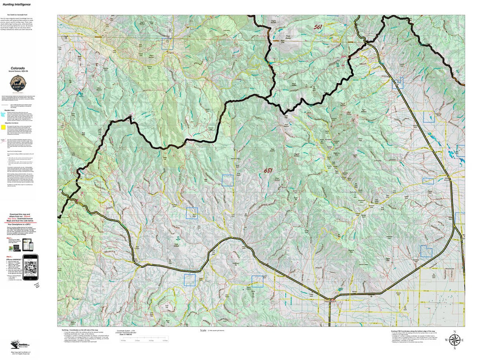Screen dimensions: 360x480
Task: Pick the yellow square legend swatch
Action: click(x=3, y=128)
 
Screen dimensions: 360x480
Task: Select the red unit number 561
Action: click(x=318, y=27)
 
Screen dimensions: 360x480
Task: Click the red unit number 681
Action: click(x=268, y=170)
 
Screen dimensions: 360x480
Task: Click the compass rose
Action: click(x=454, y=340)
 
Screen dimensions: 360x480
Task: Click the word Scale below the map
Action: click(x=203, y=330)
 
